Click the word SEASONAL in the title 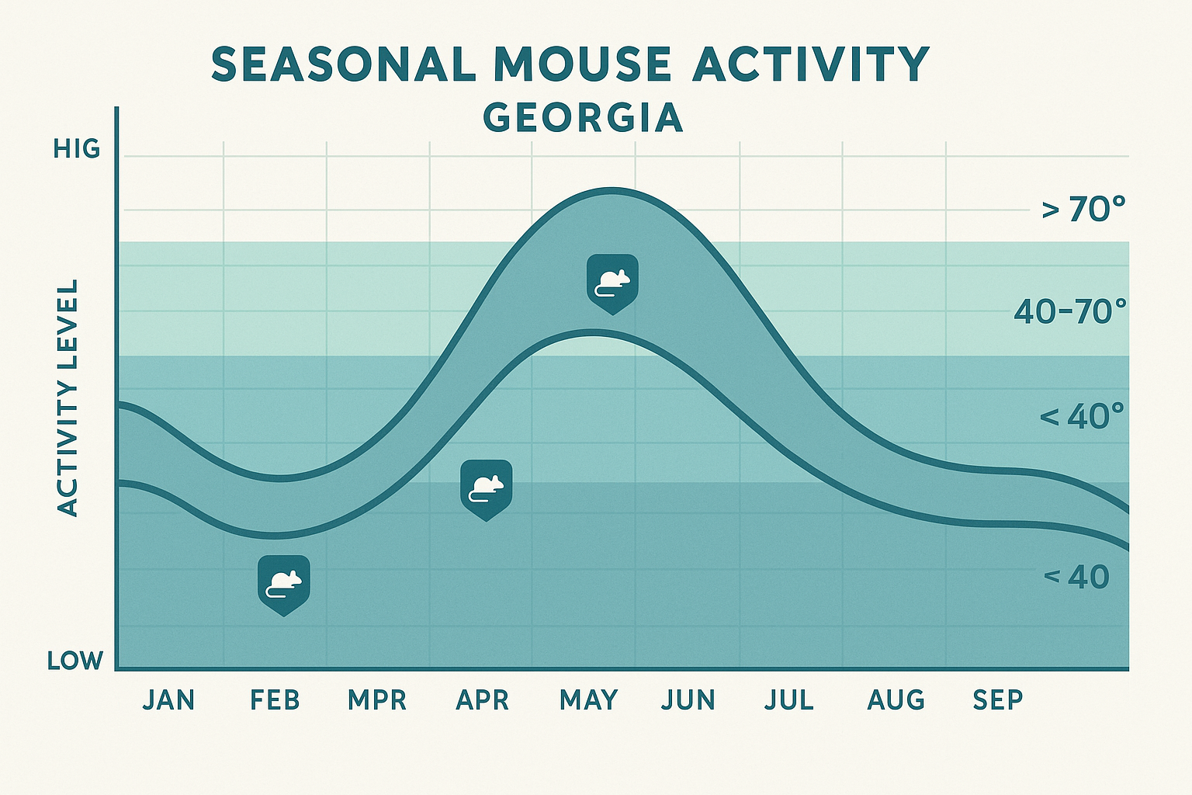344,64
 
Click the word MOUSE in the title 582,64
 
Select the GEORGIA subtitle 583,118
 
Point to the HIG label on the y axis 77,149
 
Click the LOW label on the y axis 75,661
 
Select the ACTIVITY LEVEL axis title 69,398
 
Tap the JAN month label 169,700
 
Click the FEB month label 275,700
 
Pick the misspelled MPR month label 377,700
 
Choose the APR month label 483,700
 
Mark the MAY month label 589,700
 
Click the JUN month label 688,700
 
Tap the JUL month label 789,700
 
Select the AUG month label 896,700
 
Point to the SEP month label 998,700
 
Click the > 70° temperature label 1083,210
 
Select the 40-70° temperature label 1070,312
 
